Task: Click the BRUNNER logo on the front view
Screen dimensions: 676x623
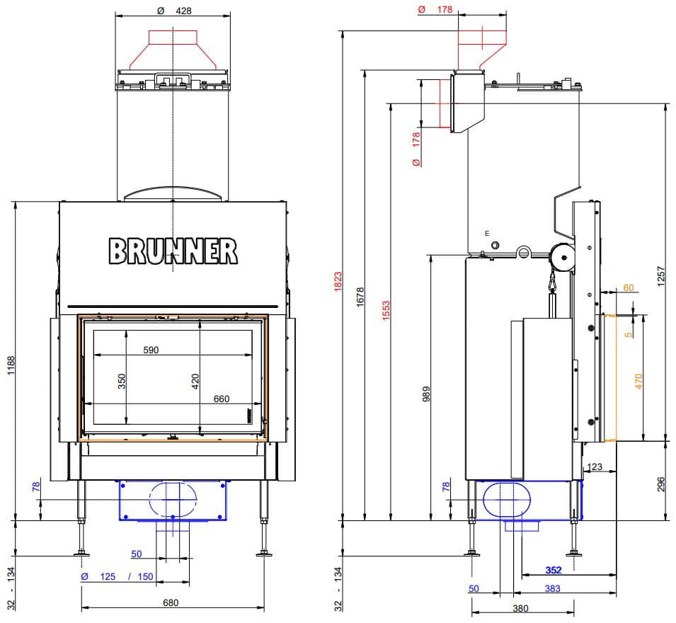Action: click(x=173, y=251)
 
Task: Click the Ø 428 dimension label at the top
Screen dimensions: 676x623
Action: click(x=174, y=11)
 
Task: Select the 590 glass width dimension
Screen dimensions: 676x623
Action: click(x=151, y=350)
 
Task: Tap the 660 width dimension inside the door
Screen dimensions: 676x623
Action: click(x=222, y=399)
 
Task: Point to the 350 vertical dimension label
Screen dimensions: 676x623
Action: click(x=122, y=381)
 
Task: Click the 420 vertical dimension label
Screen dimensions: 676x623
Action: click(x=195, y=381)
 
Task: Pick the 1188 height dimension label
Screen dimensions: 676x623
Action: click(x=11, y=365)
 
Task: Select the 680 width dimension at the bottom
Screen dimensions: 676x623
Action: click(x=171, y=602)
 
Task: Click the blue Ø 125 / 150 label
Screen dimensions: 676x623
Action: click(x=117, y=576)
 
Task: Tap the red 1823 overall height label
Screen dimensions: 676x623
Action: click(x=338, y=282)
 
